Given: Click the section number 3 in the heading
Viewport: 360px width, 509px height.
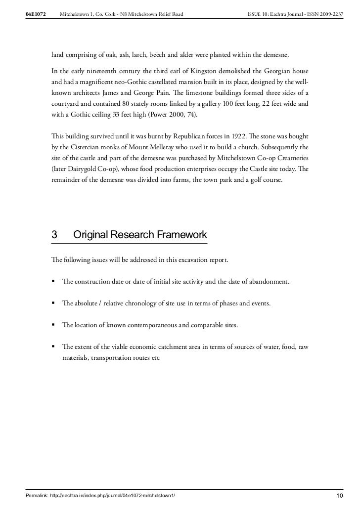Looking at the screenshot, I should coord(55,235).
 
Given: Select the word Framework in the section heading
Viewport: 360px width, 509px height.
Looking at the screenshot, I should coord(181,235).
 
